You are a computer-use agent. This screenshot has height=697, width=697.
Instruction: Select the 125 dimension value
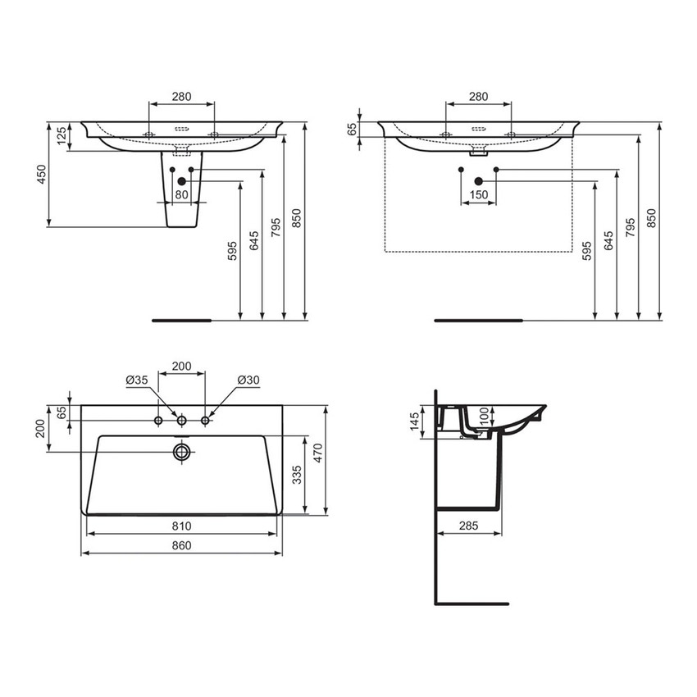coord(61,136)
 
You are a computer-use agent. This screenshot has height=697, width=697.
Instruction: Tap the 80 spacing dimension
coord(181,194)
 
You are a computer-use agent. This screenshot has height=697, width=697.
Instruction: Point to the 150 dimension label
coord(479,194)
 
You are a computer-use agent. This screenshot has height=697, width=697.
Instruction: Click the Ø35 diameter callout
coord(136,380)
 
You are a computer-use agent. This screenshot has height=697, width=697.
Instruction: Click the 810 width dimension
coord(182,525)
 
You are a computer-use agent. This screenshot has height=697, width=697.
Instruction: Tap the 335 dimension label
coord(298,474)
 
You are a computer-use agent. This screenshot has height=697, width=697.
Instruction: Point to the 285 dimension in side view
coord(468,525)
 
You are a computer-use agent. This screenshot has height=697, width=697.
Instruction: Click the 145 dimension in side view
coord(414,421)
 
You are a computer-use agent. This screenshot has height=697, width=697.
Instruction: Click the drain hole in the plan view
coord(181,451)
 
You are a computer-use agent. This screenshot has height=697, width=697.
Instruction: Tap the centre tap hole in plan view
coord(181,421)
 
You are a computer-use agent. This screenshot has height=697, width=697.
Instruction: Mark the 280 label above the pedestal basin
coord(181,96)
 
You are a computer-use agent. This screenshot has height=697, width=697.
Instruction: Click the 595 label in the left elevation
coord(233,250)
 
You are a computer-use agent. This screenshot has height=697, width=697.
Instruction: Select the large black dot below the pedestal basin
coord(181,180)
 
